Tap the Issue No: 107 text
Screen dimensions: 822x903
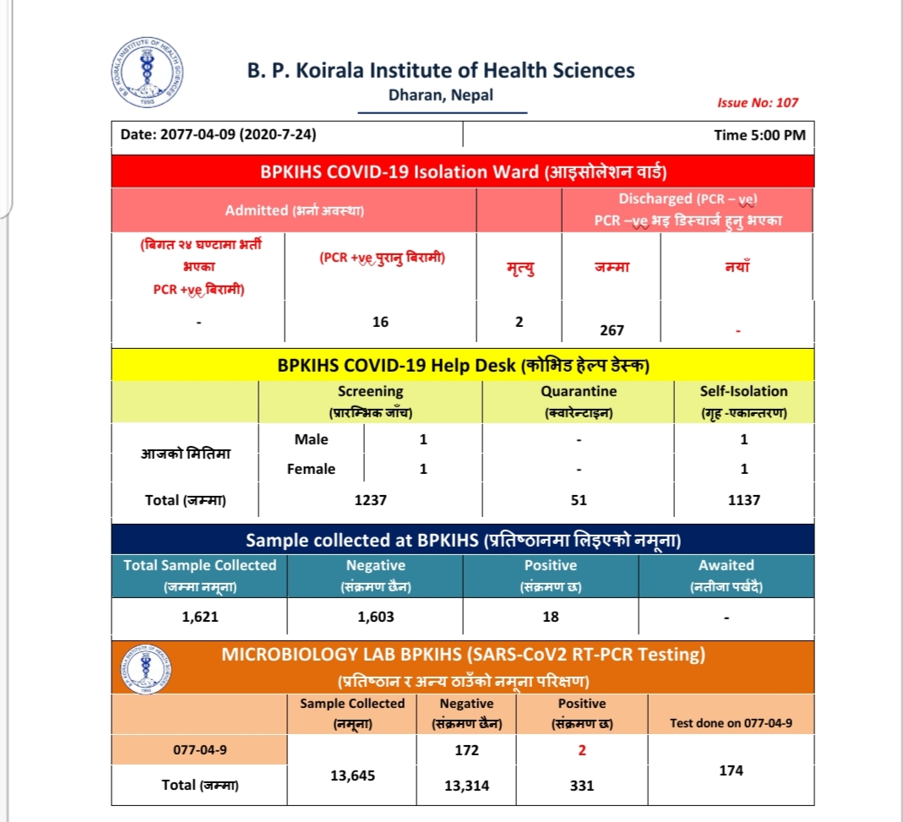[x=757, y=102]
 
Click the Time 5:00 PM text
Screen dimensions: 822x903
[x=759, y=135]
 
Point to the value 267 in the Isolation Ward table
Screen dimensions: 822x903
[x=612, y=330]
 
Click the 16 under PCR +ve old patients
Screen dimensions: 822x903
[x=380, y=322]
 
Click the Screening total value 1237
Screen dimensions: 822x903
[x=371, y=499]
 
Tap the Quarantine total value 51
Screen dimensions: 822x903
[x=579, y=499]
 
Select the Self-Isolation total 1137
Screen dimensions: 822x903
[x=743, y=499]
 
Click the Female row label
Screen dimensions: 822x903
[x=311, y=469]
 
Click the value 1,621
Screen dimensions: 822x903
[x=200, y=617]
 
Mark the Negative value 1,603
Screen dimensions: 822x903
[x=375, y=617]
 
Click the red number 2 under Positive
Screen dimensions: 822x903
[x=581, y=750]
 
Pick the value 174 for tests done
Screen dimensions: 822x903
[x=732, y=770]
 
